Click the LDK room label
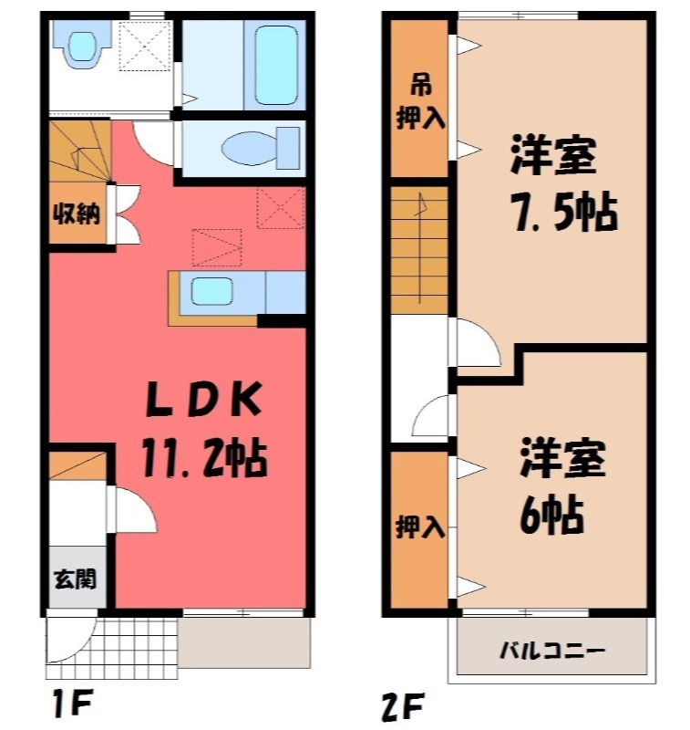pos(206,398)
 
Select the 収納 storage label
pos(75,215)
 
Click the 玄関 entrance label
pos(75,578)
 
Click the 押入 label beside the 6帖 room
pos(420,527)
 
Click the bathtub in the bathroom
pos(274,64)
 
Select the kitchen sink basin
pos(215,291)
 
